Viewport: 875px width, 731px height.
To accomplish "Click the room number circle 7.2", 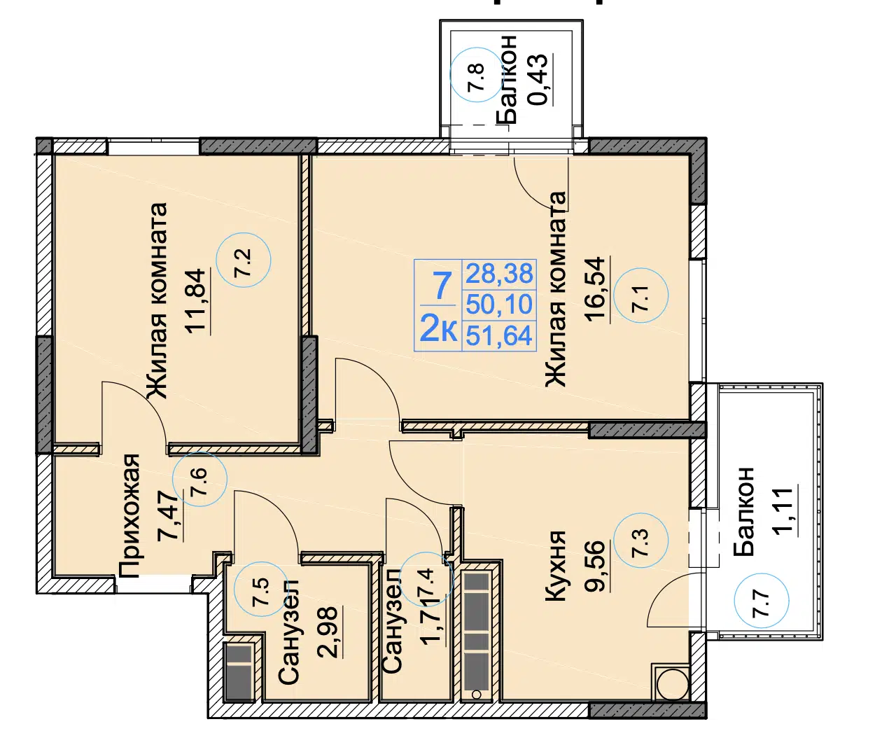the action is [244, 260].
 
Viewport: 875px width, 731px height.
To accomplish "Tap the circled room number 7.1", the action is [640, 295].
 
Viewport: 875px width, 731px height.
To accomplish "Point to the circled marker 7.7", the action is [762, 601].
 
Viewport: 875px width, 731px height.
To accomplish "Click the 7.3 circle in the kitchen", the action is [640, 541].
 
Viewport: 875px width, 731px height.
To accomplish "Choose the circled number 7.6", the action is [199, 479].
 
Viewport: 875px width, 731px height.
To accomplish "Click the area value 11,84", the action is [196, 301].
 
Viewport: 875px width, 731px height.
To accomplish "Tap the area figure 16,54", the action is [596, 289].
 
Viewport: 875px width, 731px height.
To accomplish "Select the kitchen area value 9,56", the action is [596, 566].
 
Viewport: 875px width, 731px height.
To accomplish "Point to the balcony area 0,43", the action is [538, 80].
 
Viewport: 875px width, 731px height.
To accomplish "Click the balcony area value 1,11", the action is [783, 510].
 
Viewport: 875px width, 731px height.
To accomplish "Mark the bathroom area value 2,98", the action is [328, 632].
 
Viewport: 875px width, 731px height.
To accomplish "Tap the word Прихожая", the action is [129, 516].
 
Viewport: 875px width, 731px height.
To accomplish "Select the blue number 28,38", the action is [499, 273].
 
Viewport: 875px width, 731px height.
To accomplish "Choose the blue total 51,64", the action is [499, 335].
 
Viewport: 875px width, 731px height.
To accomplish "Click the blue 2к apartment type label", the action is [438, 330].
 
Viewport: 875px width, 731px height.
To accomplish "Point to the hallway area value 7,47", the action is [171, 517].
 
